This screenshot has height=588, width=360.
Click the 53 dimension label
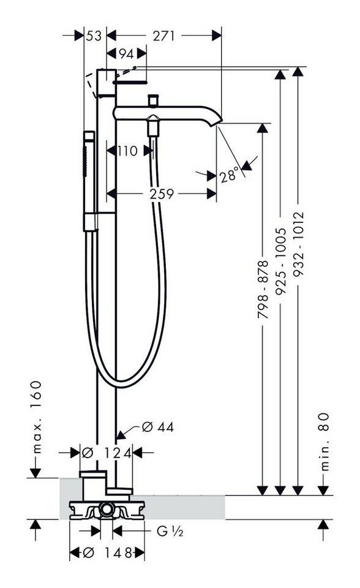click(x=94, y=36)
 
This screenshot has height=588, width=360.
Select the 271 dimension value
click(x=164, y=36)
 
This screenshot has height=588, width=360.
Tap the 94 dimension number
click(x=126, y=54)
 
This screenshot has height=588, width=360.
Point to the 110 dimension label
click(x=127, y=151)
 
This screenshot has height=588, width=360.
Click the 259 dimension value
click(x=162, y=194)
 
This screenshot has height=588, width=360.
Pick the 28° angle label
click(x=230, y=175)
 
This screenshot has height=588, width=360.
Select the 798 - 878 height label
click(x=263, y=290)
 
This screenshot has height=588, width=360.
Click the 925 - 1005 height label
click(x=281, y=261)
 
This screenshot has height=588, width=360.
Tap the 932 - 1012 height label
click(x=299, y=244)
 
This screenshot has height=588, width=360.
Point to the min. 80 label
click(x=324, y=442)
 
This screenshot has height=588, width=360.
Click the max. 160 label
click(x=36, y=417)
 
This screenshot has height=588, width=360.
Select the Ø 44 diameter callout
click(x=158, y=427)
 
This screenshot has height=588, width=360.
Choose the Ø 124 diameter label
click(x=107, y=453)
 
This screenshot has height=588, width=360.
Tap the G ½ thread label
click(x=170, y=531)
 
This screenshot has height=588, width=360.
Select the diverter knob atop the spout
click(x=153, y=100)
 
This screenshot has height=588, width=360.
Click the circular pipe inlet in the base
click(x=107, y=510)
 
